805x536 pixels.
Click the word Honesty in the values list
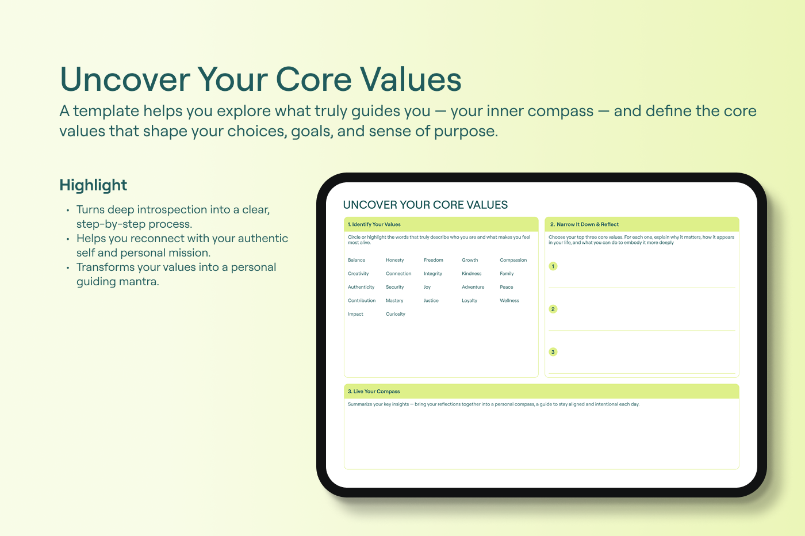pyautogui.click(x=394, y=260)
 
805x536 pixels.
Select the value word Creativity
pyautogui.click(x=358, y=274)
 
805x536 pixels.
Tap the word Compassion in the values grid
pyautogui.click(x=513, y=260)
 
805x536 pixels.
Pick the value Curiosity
pyautogui.click(x=396, y=314)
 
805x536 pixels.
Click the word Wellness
pyautogui.click(x=509, y=301)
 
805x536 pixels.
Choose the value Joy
pyautogui.click(x=427, y=287)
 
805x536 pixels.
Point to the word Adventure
pyautogui.click(x=473, y=287)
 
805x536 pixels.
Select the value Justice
pyautogui.click(x=431, y=301)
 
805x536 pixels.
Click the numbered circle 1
pyautogui.click(x=553, y=266)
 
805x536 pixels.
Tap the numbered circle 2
pyautogui.click(x=553, y=309)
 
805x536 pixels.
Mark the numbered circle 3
pyautogui.click(x=553, y=352)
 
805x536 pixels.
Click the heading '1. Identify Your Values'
pyautogui.click(x=374, y=224)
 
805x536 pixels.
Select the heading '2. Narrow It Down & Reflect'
pyautogui.click(x=584, y=224)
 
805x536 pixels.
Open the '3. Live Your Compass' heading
pyautogui.click(x=374, y=392)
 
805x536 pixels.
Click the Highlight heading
pyautogui.click(x=93, y=186)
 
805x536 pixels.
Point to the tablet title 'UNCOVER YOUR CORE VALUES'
pyautogui.click(x=425, y=205)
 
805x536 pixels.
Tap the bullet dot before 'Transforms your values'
pyautogui.click(x=68, y=268)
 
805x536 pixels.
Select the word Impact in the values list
pyautogui.click(x=355, y=314)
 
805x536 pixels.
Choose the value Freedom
pyautogui.click(x=434, y=260)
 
